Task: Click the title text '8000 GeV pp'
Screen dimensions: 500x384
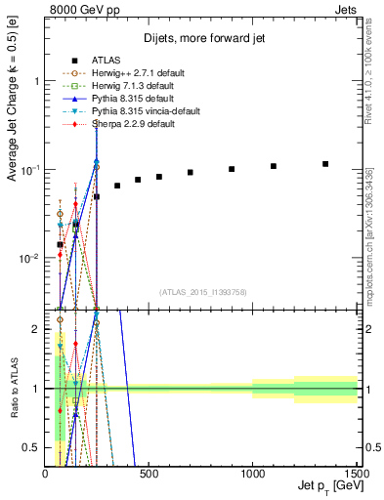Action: pos(74,9)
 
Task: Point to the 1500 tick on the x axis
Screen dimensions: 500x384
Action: pos(356,474)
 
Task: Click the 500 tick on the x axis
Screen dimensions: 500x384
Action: pos(149,474)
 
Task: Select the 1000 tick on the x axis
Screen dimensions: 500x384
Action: pos(252,474)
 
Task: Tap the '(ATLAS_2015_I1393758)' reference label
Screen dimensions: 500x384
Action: pos(202,291)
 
